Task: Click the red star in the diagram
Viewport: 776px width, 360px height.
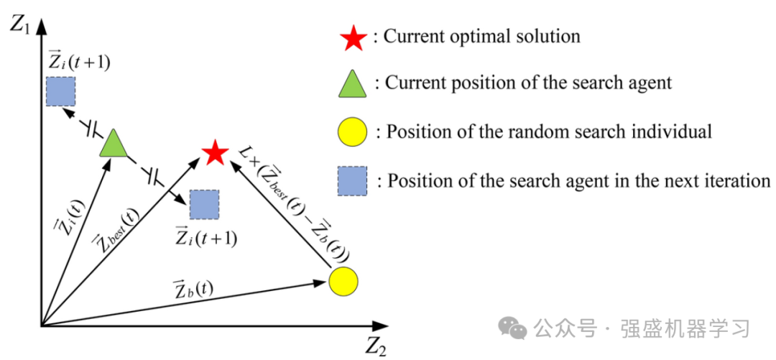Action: pyautogui.click(x=215, y=153)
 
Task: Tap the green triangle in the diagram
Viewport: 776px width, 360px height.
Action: pyautogui.click(x=113, y=144)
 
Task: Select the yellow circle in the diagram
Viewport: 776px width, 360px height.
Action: pyautogui.click(x=343, y=280)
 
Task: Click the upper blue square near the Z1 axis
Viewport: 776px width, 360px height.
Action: pyautogui.click(x=60, y=91)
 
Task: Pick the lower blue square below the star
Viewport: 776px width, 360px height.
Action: pyautogui.click(x=204, y=205)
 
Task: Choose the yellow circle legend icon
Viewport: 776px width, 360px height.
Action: pyautogui.click(x=352, y=133)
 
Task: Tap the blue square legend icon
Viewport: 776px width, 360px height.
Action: pyautogui.click(x=352, y=180)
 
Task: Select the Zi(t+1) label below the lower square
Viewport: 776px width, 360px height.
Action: pyautogui.click(x=206, y=237)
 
